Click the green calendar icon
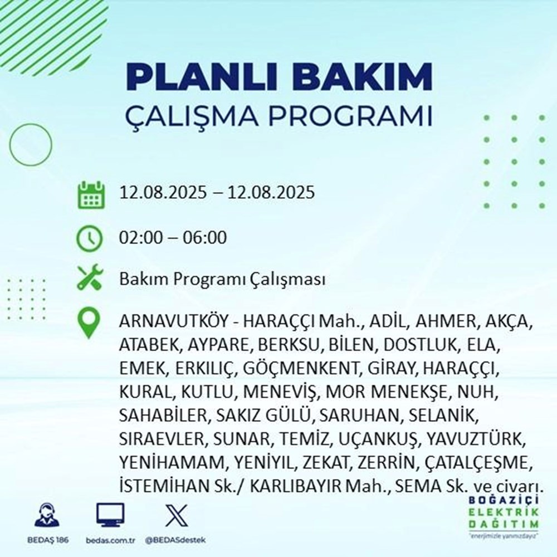coord(89,194)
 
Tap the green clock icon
coord(89,238)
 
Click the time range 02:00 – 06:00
coord(173,238)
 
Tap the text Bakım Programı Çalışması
coord(222,279)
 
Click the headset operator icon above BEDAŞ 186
coord(48,516)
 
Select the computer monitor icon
coord(110,516)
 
